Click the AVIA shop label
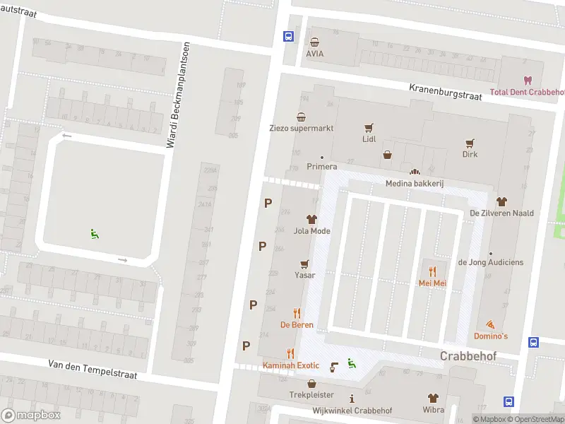[x=314, y=53]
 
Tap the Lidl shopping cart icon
[x=369, y=128]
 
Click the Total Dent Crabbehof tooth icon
[x=527, y=81]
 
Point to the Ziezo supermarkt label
[x=302, y=128]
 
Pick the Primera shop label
[x=322, y=167]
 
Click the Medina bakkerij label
[x=414, y=183]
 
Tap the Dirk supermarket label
[x=470, y=154]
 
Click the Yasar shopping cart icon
[x=304, y=264]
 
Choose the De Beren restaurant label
[x=297, y=324]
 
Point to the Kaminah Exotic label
[x=291, y=365]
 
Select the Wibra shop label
[x=433, y=410]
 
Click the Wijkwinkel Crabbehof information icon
[x=352, y=399]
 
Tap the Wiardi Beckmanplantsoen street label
[x=178, y=95]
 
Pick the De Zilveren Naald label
[x=501, y=213]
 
